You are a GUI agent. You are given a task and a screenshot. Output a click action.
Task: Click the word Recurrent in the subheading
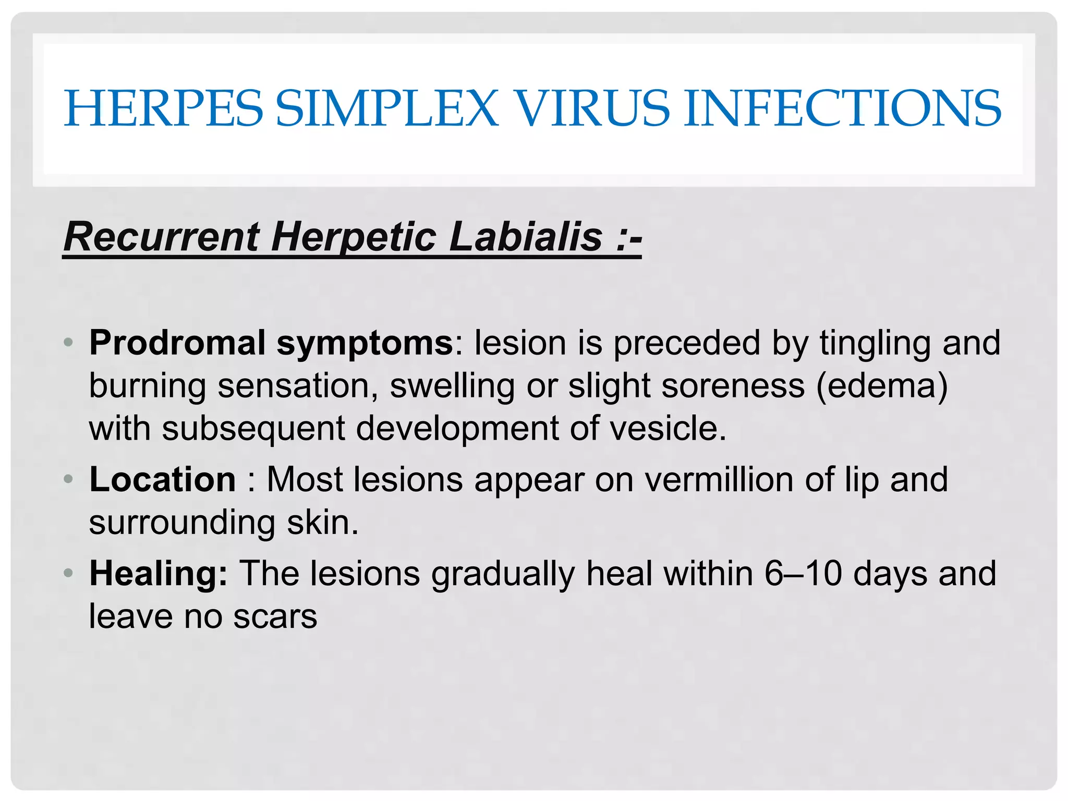(x=162, y=237)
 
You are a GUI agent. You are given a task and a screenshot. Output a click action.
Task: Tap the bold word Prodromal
(x=177, y=343)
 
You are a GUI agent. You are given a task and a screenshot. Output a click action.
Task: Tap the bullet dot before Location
(x=68, y=479)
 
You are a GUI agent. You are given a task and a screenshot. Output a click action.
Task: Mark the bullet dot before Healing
(x=68, y=573)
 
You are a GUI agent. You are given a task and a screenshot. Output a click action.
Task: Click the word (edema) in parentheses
(x=882, y=386)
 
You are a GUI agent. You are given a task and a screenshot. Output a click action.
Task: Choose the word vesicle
(x=667, y=429)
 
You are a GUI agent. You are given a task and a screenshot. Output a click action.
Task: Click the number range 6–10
(x=803, y=574)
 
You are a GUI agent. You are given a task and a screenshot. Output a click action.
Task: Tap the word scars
(x=275, y=616)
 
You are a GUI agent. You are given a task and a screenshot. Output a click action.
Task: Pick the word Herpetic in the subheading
(x=354, y=237)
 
